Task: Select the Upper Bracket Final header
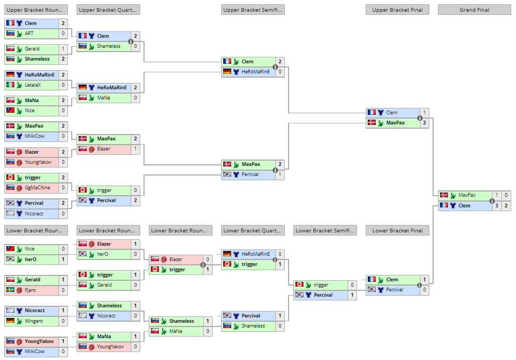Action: [x=397, y=10]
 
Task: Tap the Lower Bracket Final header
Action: [x=397, y=230]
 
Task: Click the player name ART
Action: [x=29, y=34]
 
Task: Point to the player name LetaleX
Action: [x=33, y=85]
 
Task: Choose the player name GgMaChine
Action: [x=37, y=187]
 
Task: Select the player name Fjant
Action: [x=31, y=290]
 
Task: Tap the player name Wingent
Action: [x=35, y=321]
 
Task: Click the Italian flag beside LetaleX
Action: [x=10, y=85]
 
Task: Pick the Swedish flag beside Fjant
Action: [x=10, y=290]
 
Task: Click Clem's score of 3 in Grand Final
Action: [x=496, y=206]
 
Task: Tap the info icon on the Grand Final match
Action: [x=492, y=200]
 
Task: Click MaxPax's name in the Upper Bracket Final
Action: [x=395, y=123]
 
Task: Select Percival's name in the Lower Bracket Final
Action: [x=394, y=290]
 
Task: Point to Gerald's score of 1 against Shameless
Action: [x=63, y=49]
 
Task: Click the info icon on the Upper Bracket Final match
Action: [x=420, y=118]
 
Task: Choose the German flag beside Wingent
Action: [x=10, y=321]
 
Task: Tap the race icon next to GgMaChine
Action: [x=19, y=187]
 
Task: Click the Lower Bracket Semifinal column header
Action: [x=325, y=230]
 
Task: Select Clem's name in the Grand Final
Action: [x=464, y=206]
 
